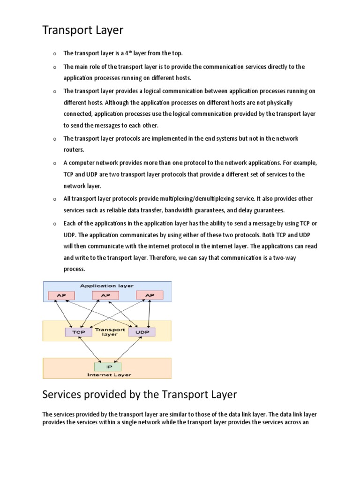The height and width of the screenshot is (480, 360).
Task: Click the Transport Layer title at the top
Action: [83, 30]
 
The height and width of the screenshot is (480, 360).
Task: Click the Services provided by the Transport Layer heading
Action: [140, 395]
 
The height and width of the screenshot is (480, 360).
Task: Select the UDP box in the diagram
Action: [142, 332]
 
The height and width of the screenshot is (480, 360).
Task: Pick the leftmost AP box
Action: [61, 295]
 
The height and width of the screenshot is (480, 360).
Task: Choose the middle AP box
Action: [105, 295]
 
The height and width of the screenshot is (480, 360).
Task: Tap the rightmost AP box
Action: [150, 295]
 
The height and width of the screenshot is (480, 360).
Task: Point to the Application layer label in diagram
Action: [107, 285]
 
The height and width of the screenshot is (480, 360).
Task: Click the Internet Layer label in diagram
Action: [109, 375]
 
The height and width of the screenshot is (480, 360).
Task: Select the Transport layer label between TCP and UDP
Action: [110, 332]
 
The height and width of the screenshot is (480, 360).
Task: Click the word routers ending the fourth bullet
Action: [74, 150]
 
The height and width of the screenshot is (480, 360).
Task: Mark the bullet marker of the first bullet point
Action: [54, 54]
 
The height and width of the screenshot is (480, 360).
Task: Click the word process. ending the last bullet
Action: [75, 270]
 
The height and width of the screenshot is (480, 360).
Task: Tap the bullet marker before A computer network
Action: [54, 163]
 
